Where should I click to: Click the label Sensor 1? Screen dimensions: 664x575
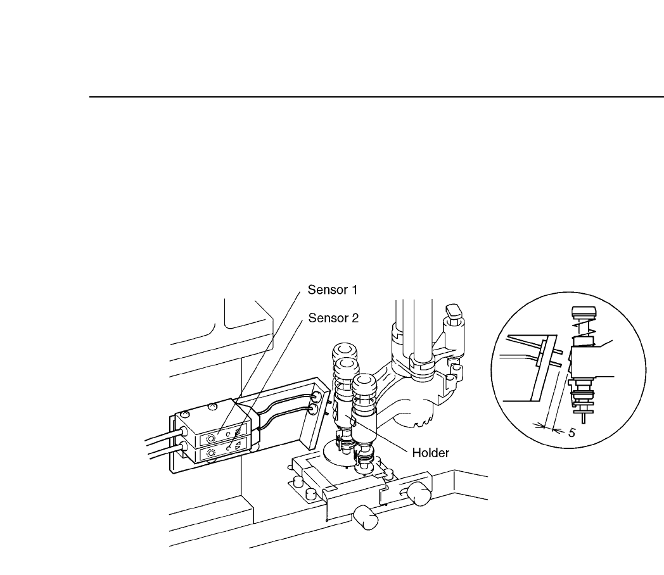pyautogui.click(x=333, y=291)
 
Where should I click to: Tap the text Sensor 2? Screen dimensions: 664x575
pyautogui.click(x=333, y=318)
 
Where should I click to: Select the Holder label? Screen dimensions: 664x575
pyautogui.click(x=431, y=453)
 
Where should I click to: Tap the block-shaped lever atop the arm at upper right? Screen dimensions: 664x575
pyautogui.click(x=454, y=312)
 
